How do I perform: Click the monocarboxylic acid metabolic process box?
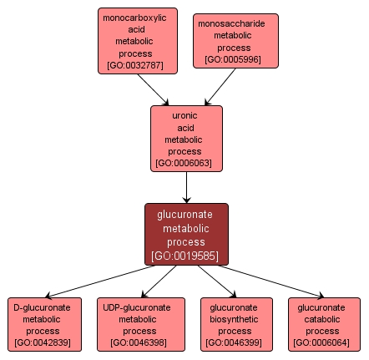pyautogui.click(x=134, y=40)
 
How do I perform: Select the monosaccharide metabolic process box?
pyautogui.click(x=235, y=41)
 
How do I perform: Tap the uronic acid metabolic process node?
pyautogui.click(x=186, y=138)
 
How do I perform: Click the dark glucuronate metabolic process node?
pyautogui.click(x=186, y=234)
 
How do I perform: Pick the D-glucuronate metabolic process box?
pyautogui.click(x=45, y=324)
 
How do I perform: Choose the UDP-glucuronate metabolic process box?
pyautogui.click(x=141, y=324)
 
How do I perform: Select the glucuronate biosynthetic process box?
pyautogui.click(x=236, y=324)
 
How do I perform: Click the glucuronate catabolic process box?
pyautogui.click(x=325, y=324)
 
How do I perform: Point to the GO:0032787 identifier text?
pyautogui.click(x=134, y=64)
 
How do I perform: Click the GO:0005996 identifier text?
pyautogui.click(x=235, y=59)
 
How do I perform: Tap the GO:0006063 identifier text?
pyautogui.click(x=186, y=163)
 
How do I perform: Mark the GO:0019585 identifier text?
pyautogui.click(x=186, y=256)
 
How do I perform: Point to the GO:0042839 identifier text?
pyautogui.click(x=45, y=342)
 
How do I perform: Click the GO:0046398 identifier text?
pyautogui.click(x=141, y=342)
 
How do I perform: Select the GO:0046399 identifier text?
pyautogui.click(x=236, y=342)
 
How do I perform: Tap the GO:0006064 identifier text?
pyautogui.click(x=325, y=342)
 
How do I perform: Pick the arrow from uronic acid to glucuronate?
pyautogui.click(x=186, y=187)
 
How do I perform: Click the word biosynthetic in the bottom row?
pyautogui.click(x=236, y=319)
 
